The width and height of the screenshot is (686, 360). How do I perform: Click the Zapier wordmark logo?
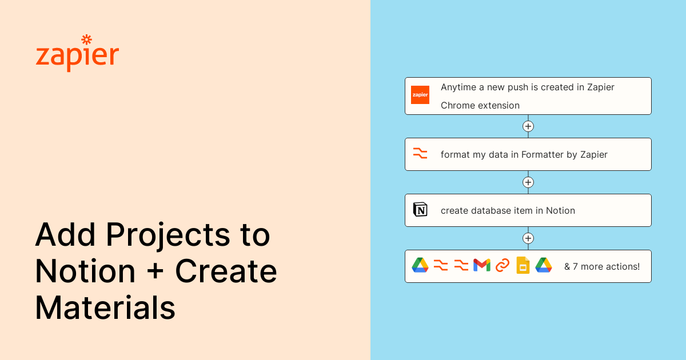point(77,56)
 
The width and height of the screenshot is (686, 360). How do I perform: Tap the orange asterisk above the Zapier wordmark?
point(87,39)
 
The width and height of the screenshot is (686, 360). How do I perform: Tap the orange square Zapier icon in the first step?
point(420,95)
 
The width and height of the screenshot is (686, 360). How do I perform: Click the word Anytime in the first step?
point(458,87)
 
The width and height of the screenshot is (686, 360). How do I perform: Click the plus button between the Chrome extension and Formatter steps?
point(528,126)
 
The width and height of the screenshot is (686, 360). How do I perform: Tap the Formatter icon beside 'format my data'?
point(420,154)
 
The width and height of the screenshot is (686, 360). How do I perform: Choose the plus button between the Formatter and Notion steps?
point(528,182)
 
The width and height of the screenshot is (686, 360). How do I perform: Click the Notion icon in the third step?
point(420,210)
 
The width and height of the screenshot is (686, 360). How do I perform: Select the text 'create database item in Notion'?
point(508,210)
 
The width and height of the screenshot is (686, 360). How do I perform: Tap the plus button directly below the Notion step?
point(528,238)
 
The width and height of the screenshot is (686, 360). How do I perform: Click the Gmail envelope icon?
point(482,265)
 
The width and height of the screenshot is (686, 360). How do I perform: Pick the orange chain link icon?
point(502,265)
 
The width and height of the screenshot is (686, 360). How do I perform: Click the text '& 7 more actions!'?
point(602,266)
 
